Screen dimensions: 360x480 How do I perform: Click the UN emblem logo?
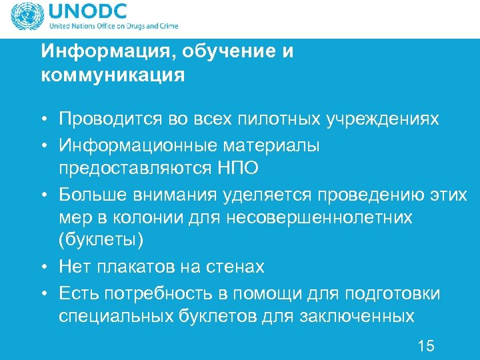[25, 16]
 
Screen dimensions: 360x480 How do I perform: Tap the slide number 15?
[425, 345]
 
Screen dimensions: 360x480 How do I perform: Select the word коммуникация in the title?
[113, 75]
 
